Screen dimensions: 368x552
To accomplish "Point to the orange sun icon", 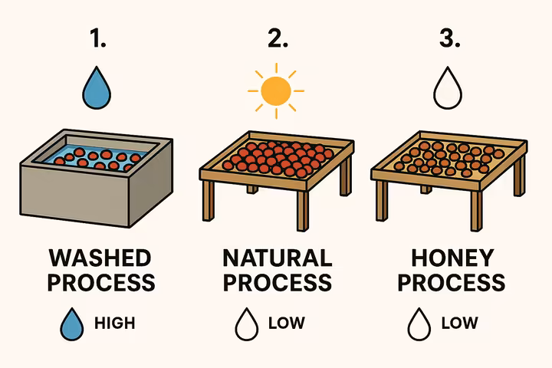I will pyautogui.click(x=276, y=90).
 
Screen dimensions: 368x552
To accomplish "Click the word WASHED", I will pyautogui.click(x=100, y=258).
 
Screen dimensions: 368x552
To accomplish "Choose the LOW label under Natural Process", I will pyautogui.click(x=286, y=323).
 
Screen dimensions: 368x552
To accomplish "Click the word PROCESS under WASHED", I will pyautogui.click(x=100, y=282).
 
